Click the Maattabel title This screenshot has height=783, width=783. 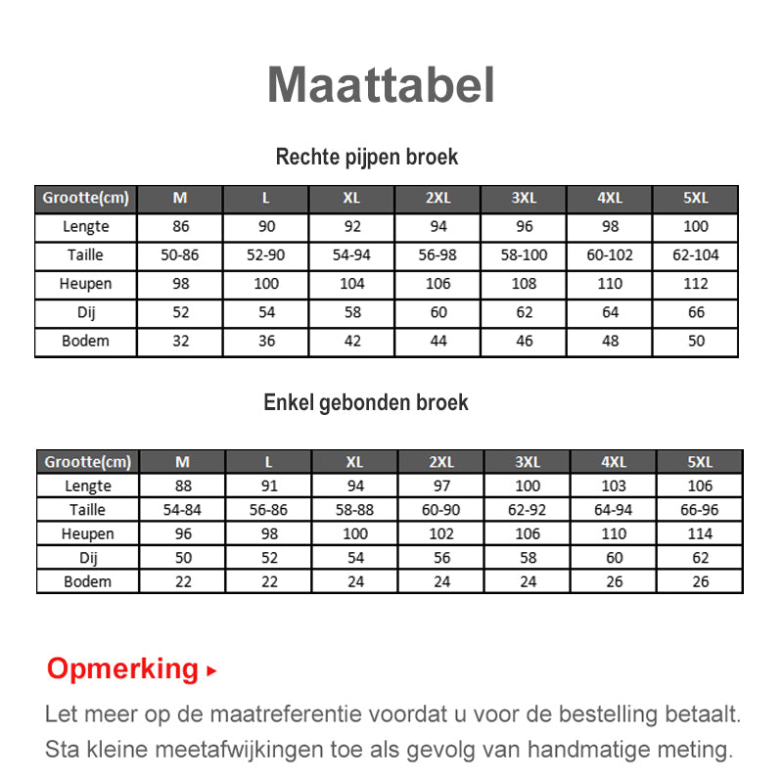(381, 85)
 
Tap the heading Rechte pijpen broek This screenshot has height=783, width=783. (367, 157)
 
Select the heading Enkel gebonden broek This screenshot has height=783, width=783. (366, 402)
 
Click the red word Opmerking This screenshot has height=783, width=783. (122, 669)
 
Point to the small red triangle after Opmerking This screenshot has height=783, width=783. (211, 672)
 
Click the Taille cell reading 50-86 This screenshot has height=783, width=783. (180, 255)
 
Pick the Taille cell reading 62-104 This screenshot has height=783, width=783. (696, 255)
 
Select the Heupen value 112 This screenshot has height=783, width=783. (696, 284)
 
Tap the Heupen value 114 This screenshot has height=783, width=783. (700, 533)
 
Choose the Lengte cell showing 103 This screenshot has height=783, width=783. (614, 486)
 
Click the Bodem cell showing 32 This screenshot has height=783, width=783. (180, 342)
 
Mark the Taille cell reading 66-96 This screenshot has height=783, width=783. (700, 510)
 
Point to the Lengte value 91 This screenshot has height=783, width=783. (269, 486)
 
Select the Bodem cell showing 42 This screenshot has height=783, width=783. (352, 342)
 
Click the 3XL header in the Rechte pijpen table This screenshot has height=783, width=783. (525, 198)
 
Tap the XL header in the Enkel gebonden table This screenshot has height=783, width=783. (355, 462)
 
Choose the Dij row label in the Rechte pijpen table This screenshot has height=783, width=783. (86, 313)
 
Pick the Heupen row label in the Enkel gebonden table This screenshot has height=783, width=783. (88, 533)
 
